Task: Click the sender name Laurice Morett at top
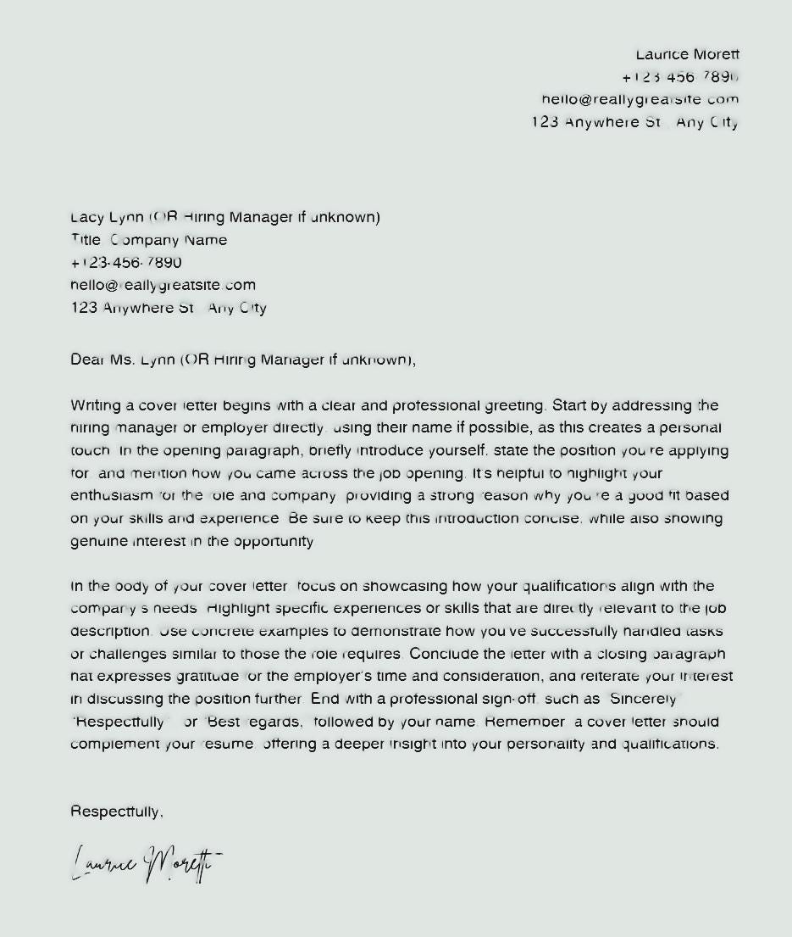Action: point(687,54)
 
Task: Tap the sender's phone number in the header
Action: point(680,77)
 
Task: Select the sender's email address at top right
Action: point(640,99)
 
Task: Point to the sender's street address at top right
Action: point(634,122)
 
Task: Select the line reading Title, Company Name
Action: point(149,240)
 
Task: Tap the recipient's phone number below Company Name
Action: point(126,263)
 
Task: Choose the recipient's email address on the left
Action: point(163,285)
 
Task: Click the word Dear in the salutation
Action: point(87,360)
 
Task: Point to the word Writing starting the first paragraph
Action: point(96,405)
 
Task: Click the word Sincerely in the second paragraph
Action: point(643,700)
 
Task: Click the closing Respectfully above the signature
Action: point(116,812)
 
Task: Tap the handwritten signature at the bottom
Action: point(146,864)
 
